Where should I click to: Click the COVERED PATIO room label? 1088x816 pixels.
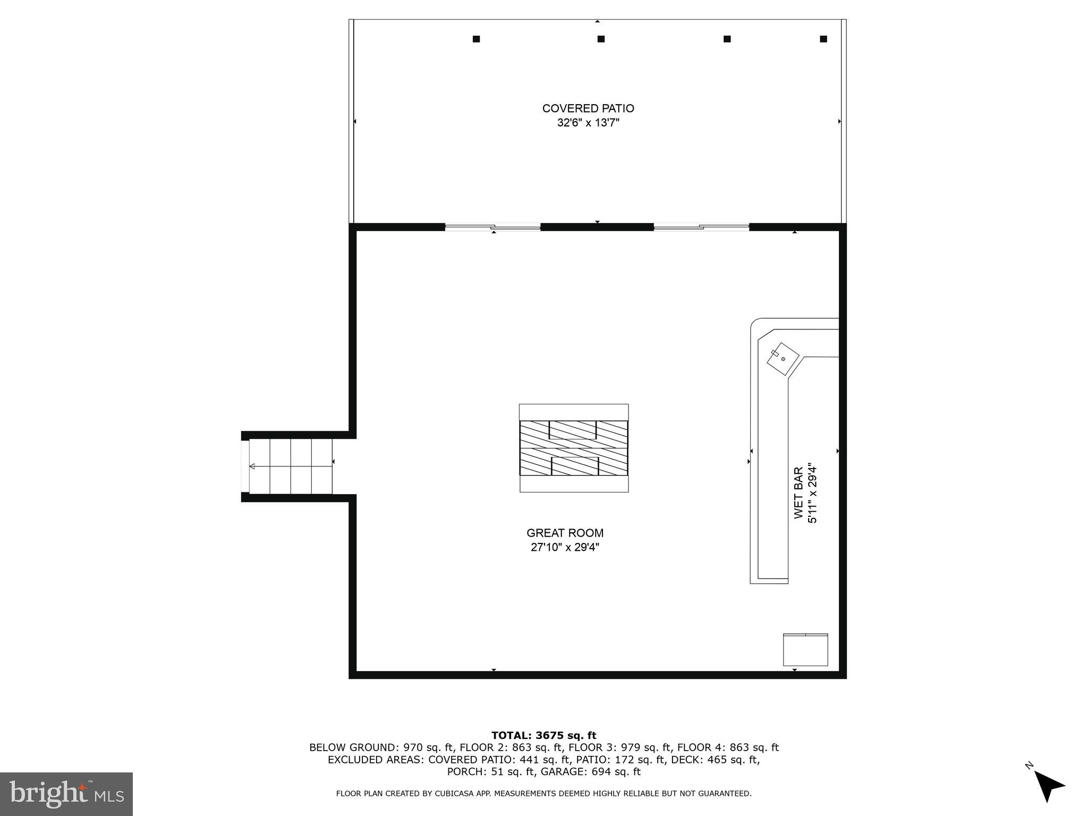[588, 108]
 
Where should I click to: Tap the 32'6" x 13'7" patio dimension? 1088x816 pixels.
[588, 123]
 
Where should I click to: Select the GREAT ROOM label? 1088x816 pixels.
[565, 533]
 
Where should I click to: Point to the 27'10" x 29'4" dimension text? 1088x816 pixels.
[565, 547]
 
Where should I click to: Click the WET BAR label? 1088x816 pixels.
[798, 492]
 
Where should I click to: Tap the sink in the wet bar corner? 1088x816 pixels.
[783, 360]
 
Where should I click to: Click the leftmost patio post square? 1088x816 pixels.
[476, 39]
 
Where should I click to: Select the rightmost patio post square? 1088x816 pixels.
[823, 39]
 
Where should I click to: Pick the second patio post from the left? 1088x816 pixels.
[601, 39]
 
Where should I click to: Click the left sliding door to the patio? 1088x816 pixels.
[492, 227]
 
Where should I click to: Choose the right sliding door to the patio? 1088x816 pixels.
[701, 227]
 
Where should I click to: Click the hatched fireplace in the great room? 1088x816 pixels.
[574, 448]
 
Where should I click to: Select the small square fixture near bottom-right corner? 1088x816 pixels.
[805, 650]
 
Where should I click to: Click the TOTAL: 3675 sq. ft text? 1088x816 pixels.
[543, 735]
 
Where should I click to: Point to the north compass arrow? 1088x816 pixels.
[1048, 785]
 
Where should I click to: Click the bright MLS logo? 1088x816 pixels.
[66, 794]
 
